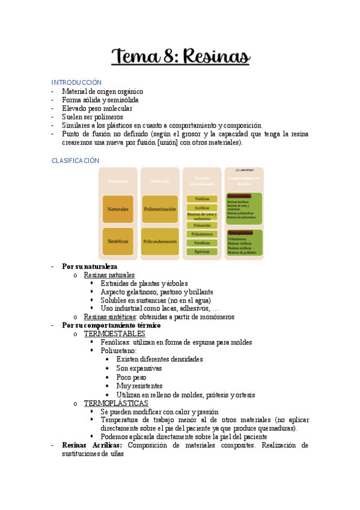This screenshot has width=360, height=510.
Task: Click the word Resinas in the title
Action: click(x=214, y=57)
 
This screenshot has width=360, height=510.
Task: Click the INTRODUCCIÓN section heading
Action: click(x=76, y=82)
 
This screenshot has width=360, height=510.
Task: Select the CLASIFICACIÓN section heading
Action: click(x=75, y=161)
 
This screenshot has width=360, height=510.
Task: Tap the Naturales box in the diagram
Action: click(x=118, y=209)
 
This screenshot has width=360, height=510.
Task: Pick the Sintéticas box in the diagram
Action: click(x=118, y=241)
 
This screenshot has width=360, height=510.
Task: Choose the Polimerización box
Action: click(x=160, y=209)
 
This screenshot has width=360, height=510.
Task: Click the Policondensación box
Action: click(x=160, y=241)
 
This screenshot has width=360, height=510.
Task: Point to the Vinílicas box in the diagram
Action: click(x=202, y=198)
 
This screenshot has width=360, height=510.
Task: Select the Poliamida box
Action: click(x=202, y=225)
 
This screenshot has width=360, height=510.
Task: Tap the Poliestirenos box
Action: click(x=202, y=234)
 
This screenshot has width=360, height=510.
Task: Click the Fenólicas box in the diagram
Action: click(x=202, y=242)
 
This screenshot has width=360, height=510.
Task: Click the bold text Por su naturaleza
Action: click(x=90, y=266)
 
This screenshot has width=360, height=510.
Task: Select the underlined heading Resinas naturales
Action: click(x=109, y=275)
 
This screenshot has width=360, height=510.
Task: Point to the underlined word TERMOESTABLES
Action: click(x=114, y=334)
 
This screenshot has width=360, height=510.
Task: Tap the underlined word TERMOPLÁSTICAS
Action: click(x=116, y=403)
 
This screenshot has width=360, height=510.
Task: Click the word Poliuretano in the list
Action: click(x=118, y=351)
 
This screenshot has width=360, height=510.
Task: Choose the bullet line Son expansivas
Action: click(x=139, y=368)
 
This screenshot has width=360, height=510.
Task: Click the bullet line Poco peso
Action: click(x=131, y=377)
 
